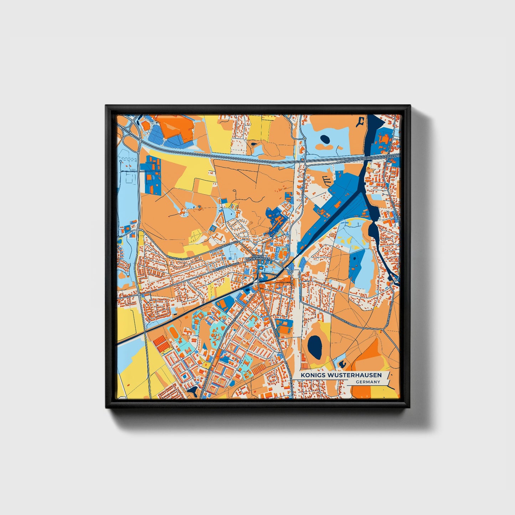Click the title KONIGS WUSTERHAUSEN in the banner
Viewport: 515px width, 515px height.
(x=341, y=375)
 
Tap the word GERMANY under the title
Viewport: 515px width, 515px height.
(x=368, y=382)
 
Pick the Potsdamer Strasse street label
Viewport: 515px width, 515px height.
(x=226, y=268)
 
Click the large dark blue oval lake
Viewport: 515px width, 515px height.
(x=315, y=347)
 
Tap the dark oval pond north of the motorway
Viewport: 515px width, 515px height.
(x=325, y=139)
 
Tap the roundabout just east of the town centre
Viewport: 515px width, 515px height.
(x=292, y=272)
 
